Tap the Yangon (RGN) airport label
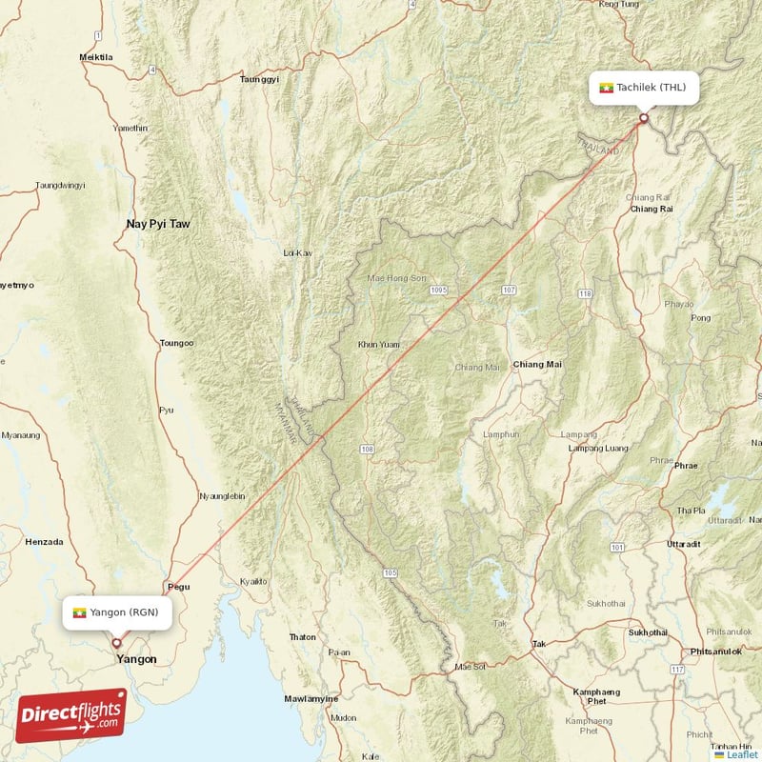click(x=118, y=612)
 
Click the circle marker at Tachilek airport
click(x=644, y=119)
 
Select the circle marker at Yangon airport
click(x=117, y=643)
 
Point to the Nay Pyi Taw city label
click(x=158, y=225)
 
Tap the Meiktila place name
click(x=96, y=58)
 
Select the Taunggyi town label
click(x=259, y=80)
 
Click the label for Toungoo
click(x=176, y=343)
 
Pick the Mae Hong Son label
click(x=393, y=278)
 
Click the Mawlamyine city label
click(x=311, y=699)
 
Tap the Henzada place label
click(x=44, y=542)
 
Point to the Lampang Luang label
click(x=597, y=448)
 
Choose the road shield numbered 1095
click(x=438, y=290)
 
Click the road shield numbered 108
click(x=367, y=449)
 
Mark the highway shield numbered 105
click(x=389, y=572)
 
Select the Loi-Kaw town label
click(x=298, y=253)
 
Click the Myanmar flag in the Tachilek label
click(x=605, y=88)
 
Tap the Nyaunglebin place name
click(x=222, y=496)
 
